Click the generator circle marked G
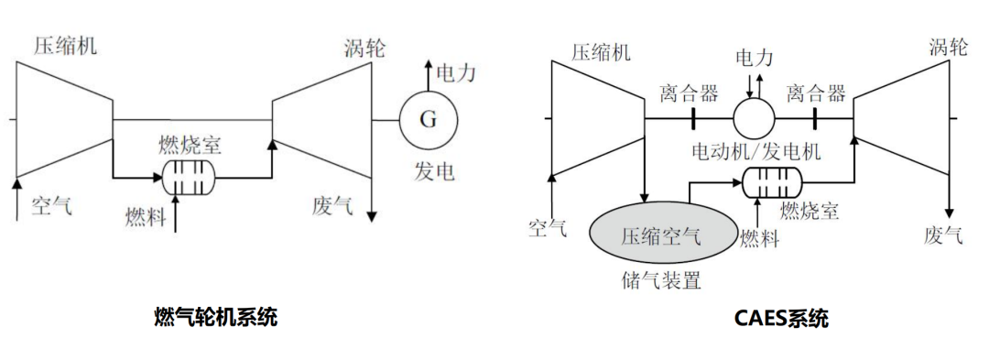428,119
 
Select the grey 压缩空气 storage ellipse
662,235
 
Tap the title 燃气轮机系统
216,317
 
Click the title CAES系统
781,318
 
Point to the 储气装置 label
662,280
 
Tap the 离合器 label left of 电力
689,93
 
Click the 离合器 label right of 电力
816,93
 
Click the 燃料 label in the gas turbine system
146,216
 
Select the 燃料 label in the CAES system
759,239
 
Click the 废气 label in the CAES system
943,235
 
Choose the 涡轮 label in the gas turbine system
364,48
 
